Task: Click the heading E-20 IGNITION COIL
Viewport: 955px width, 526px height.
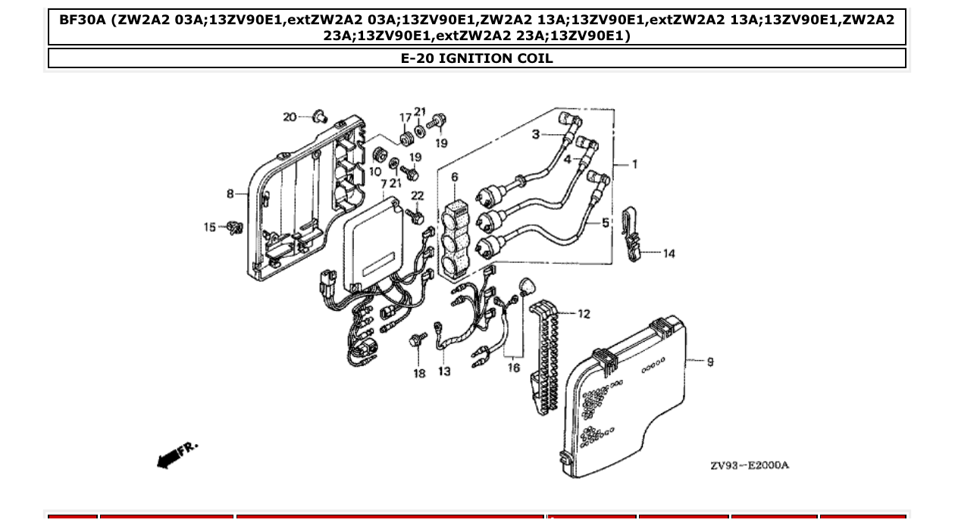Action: [477, 58]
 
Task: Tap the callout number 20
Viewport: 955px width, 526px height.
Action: [290, 117]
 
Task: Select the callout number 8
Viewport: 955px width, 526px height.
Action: [230, 194]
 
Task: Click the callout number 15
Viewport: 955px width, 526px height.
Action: [210, 227]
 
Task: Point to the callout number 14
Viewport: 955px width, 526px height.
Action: [668, 254]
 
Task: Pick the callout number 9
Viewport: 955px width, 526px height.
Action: [709, 362]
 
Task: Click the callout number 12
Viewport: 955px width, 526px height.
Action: [583, 314]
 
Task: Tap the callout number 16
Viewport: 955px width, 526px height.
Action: [514, 368]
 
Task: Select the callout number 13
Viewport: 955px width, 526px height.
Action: [444, 371]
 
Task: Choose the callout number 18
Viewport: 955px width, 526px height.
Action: [419, 373]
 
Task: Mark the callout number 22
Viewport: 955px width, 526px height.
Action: [418, 196]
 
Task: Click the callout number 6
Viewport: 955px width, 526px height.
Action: [455, 177]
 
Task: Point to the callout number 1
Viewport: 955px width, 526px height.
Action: [634, 164]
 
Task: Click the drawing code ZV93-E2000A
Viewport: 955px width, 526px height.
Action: [749, 465]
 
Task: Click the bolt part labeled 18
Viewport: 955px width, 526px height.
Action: [415, 340]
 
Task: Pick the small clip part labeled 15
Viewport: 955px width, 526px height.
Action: [235, 227]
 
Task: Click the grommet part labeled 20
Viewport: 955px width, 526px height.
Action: [321, 116]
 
